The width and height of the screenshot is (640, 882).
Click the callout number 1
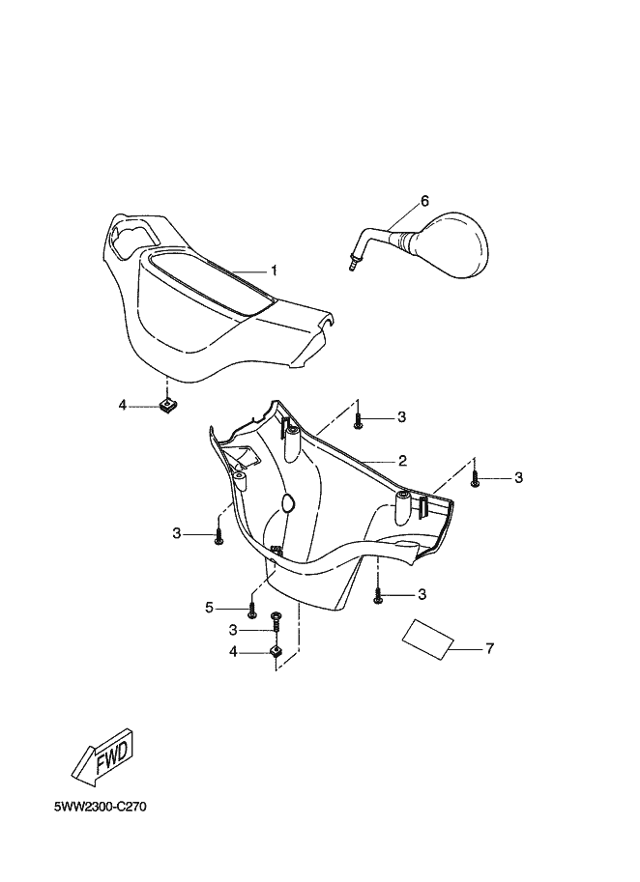274,270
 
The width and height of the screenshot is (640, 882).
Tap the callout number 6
423,201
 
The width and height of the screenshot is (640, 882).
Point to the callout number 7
489,648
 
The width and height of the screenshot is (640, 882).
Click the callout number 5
208,608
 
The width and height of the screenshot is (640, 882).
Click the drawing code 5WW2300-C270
101,805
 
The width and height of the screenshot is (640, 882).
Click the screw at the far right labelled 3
476,477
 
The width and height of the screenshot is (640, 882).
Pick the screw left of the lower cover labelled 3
220,534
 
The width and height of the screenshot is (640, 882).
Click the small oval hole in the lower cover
287,500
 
